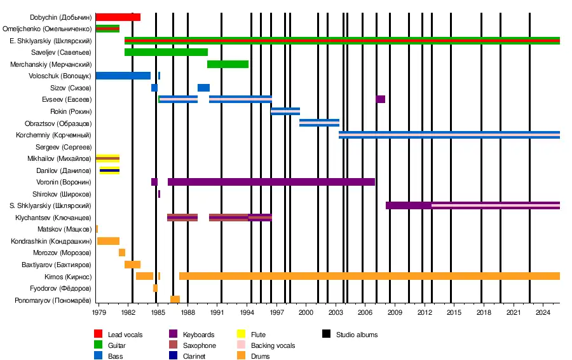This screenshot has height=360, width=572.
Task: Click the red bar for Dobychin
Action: pos(118,17)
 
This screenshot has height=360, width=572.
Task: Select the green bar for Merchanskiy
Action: pos(228,64)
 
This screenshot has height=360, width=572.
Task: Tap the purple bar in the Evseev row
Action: pos(381,99)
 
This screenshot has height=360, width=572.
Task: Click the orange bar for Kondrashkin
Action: pos(108,241)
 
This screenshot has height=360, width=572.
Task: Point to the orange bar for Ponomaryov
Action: pos(175,300)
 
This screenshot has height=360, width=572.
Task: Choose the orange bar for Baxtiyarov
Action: pos(132,265)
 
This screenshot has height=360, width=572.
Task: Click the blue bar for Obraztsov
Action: pos(319,123)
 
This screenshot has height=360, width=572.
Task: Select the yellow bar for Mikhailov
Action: pos(108,158)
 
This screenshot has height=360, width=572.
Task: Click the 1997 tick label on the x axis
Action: pos(276,313)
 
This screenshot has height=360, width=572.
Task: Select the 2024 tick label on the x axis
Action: pos(543,313)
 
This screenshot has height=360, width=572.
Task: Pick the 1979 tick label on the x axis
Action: pos(99,313)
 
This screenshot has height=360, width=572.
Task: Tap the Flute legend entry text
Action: pos(258,335)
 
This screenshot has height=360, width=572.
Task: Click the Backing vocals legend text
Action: pos(273,346)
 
